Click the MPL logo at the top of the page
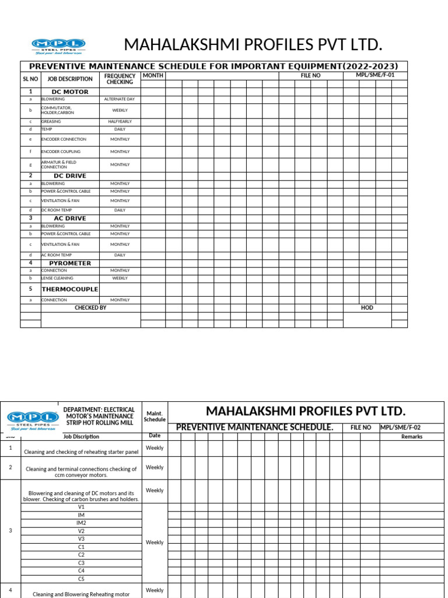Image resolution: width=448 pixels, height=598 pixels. (x=58, y=46)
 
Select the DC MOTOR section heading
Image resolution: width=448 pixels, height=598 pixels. (x=70, y=92)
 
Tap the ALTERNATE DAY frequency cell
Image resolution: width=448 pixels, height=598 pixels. (x=120, y=99)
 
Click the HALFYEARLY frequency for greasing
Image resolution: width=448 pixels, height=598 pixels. (x=120, y=121)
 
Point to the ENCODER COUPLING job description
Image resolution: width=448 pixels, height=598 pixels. (x=61, y=152)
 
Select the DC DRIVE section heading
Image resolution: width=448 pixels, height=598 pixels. (x=70, y=176)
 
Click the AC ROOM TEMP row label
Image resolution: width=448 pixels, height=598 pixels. (x=57, y=255)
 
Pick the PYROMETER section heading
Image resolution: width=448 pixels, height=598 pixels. (x=70, y=263)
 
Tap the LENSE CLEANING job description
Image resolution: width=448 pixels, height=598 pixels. (x=57, y=279)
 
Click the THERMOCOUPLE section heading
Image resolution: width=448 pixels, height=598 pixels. (x=70, y=289)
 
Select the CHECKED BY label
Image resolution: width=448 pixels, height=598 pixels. (x=90, y=308)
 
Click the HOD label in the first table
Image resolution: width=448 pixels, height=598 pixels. (x=367, y=308)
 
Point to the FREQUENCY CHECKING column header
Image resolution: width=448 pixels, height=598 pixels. (x=120, y=79)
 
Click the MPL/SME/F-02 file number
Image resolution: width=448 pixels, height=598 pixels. (x=401, y=427)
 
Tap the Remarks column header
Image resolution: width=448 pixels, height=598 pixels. (x=412, y=437)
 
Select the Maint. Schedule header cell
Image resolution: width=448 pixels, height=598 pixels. (x=155, y=416)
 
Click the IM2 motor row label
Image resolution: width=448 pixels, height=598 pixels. (x=81, y=523)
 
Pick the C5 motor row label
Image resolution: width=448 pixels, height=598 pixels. (x=81, y=579)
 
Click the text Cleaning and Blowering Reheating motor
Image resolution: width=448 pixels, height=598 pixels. (x=81, y=594)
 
